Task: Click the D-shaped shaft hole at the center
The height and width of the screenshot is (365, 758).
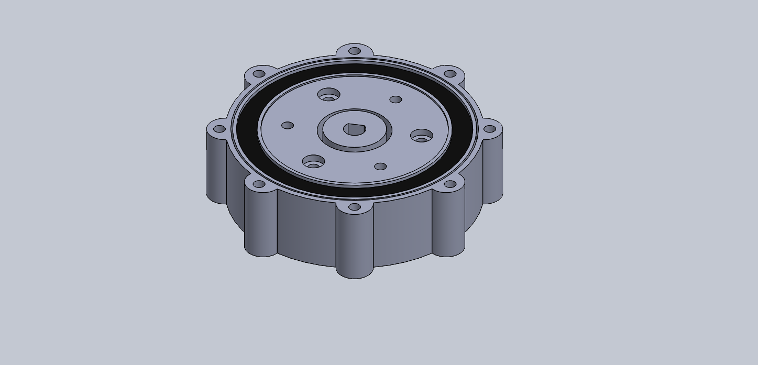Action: point(354,129)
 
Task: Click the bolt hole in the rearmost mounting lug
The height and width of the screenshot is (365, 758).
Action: point(355,51)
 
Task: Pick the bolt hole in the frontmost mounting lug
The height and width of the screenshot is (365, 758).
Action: point(354,207)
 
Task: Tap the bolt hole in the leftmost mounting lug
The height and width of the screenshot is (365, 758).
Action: point(219,129)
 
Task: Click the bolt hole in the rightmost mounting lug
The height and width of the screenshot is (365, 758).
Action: point(489,129)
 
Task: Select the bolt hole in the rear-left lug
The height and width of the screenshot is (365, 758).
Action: point(259,74)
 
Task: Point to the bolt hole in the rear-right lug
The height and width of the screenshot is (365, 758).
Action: point(449,74)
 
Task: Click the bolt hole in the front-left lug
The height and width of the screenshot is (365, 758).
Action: point(259,184)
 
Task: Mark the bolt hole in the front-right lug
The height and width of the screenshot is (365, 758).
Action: point(449,184)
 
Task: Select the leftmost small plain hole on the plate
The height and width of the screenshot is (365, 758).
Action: point(288,126)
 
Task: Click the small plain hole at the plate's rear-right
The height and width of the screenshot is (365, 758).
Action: point(396,99)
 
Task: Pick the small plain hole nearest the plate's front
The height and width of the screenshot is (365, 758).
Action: point(381,167)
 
